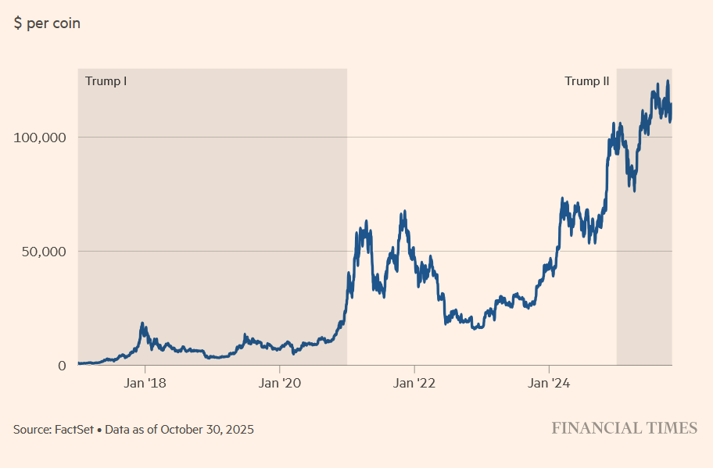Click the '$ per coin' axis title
47,23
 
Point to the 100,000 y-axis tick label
40,138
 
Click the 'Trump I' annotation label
106,81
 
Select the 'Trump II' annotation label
586,81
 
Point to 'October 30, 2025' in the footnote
207,430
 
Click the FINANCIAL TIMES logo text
624,428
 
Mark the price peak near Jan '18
142,323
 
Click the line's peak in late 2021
404,211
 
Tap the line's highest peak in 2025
668,81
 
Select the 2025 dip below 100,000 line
634,191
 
